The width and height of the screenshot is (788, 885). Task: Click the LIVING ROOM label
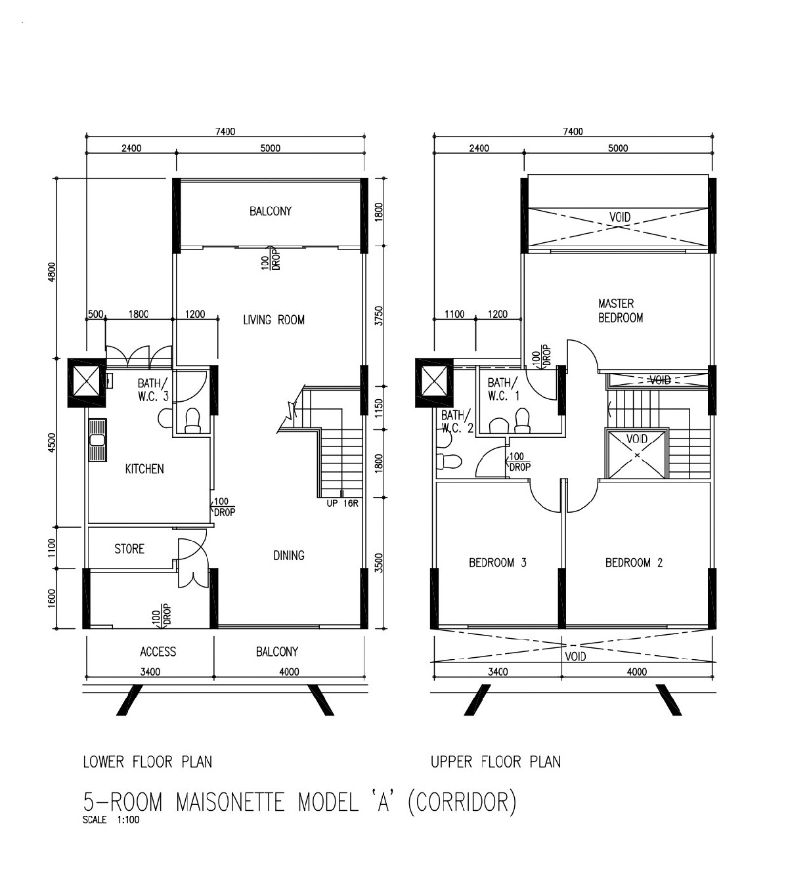pos(274,320)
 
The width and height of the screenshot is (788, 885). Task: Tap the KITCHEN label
pos(144,469)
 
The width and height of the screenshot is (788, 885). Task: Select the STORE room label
pos(129,549)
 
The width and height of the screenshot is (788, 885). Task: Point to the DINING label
pos(289,555)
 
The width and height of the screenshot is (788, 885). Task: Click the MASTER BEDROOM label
pos(621,311)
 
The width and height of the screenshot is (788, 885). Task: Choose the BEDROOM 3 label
pos(497,563)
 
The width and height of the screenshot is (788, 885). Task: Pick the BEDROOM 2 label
pos(634,563)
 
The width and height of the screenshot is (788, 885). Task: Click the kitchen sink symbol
pos(97,441)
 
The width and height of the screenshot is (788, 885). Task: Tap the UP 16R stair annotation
pos(342,503)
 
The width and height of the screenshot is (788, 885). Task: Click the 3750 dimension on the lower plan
pos(379,315)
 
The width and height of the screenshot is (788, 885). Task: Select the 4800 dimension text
pos(52,272)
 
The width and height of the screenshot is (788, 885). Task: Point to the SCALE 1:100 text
pos(111,820)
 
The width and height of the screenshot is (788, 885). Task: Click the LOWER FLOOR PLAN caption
pos(147,762)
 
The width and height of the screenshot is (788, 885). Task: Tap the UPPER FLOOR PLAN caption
pos(496,762)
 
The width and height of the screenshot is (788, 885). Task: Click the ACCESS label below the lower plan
pos(158,652)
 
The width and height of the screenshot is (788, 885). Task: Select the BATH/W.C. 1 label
pos(503,389)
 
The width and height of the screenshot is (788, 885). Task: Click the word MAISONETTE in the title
pos(230,802)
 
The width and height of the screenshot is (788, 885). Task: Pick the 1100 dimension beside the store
pos(52,548)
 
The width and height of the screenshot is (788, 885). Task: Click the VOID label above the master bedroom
pos(620,217)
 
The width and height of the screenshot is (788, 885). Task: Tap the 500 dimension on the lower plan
pos(96,314)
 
